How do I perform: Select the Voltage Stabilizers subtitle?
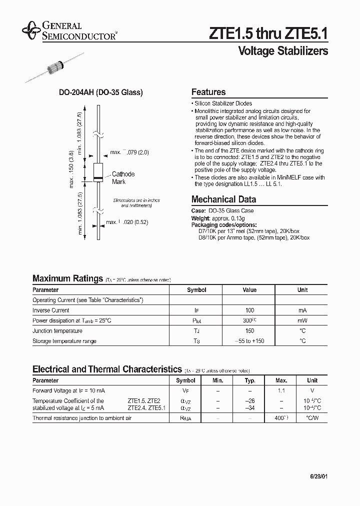[283, 51]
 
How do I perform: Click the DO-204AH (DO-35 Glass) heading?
[101, 92]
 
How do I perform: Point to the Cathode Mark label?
[122, 178]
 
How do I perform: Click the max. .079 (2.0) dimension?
[129, 152]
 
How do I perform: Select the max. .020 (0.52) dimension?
[127, 222]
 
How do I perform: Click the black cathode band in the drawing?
[98, 178]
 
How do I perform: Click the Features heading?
[208, 92]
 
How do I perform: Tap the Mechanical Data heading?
[223, 198]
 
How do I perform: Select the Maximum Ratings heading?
[67, 278]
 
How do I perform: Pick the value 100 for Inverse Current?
[249, 310]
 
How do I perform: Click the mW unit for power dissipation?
[302, 320]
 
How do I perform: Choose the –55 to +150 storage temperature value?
[249, 341]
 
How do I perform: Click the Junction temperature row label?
[57, 331]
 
